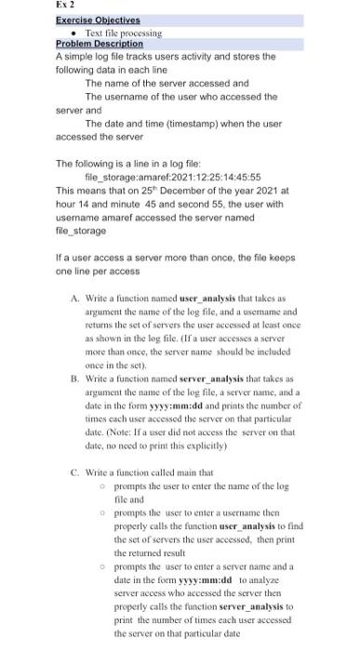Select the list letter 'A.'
(x=73, y=295)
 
